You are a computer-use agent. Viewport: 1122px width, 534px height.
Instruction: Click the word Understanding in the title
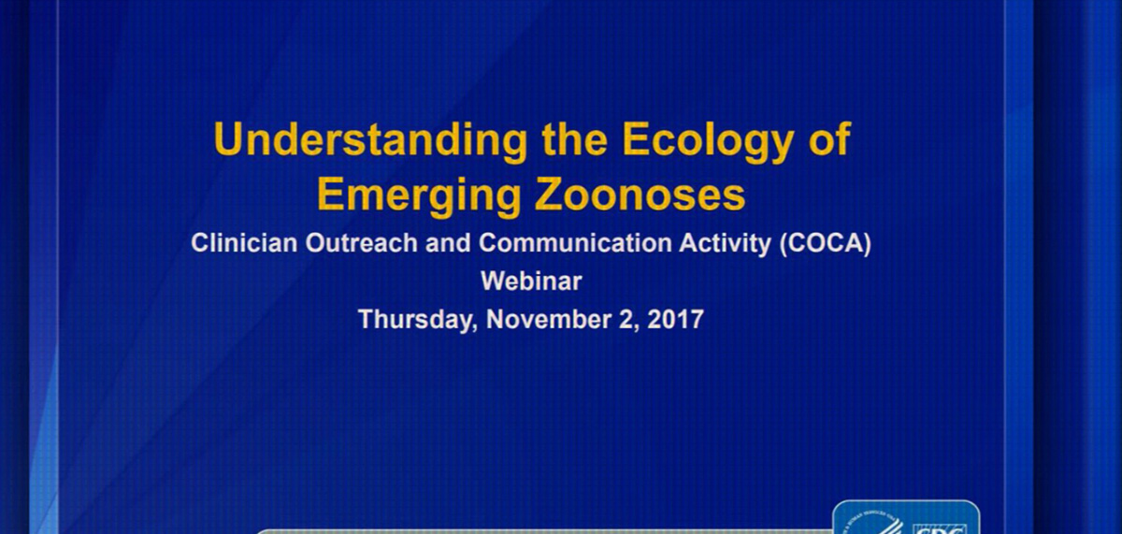[x=370, y=140]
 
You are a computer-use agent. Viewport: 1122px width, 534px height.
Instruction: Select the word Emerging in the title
[x=419, y=196]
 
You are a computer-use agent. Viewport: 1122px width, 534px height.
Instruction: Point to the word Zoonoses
[x=640, y=195]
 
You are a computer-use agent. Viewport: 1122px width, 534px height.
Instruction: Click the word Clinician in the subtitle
[x=244, y=243]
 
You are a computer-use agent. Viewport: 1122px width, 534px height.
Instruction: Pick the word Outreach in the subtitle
[x=361, y=243]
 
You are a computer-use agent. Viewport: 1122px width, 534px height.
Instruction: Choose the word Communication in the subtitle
[x=575, y=243]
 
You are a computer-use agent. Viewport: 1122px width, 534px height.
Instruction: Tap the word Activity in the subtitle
[x=725, y=244]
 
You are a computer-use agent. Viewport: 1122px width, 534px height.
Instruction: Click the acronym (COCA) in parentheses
[x=825, y=244]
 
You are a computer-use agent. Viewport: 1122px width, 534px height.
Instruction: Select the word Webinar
[x=531, y=281]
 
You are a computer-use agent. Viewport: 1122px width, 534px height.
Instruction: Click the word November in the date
[x=549, y=320]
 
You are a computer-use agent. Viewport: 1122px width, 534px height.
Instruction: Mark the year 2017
[x=676, y=320]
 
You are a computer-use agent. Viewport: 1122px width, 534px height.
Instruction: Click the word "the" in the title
[x=574, y=139]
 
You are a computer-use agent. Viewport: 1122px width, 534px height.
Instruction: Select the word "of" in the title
[x=829, y=138]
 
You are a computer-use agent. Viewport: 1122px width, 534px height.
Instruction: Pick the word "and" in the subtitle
[x=448, y=243]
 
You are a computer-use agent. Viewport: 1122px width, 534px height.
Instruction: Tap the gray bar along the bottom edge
[x=544, y=531]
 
